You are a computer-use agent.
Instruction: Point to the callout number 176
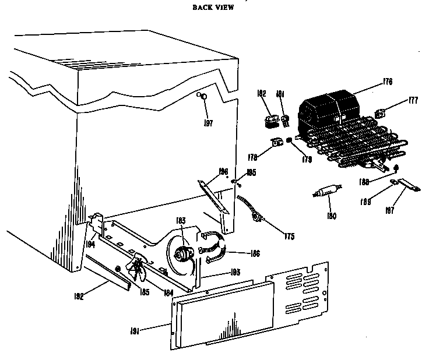click(386, 83)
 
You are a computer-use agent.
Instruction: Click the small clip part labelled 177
click(381, 114)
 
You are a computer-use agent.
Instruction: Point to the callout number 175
click(289, 236)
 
